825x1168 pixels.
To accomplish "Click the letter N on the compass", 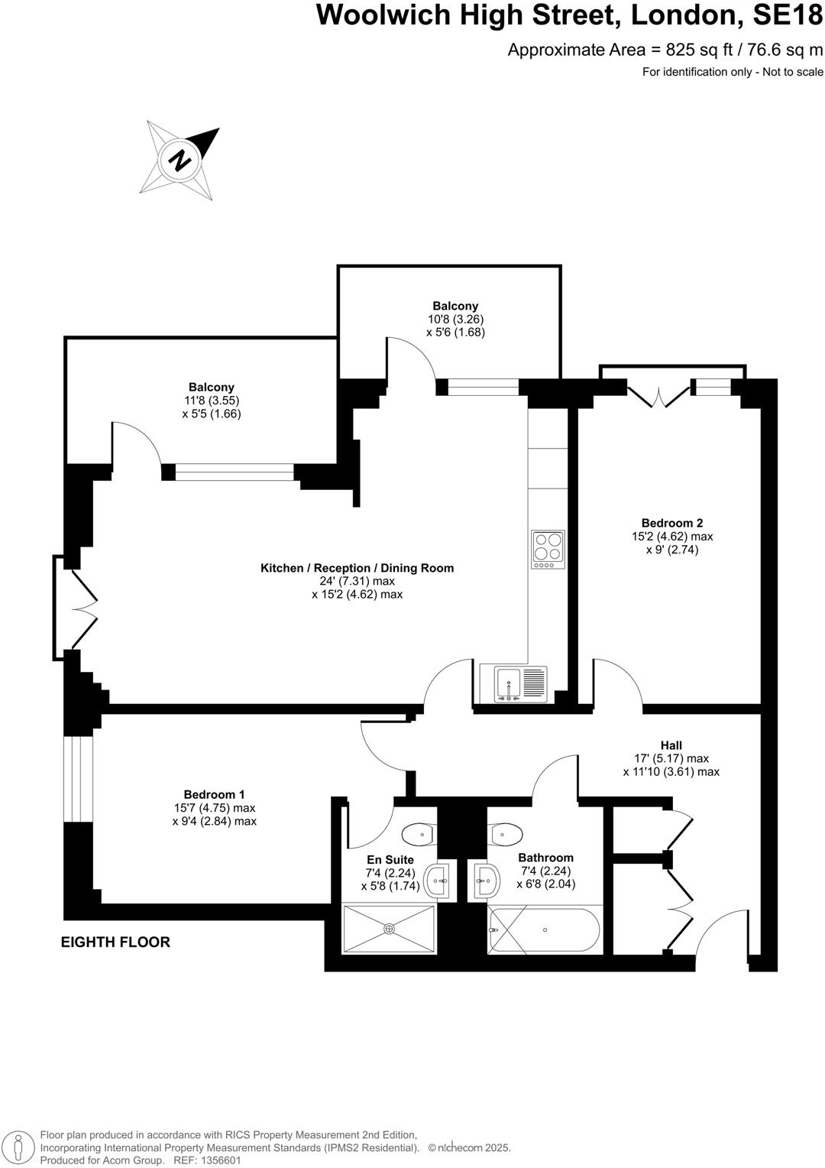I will point(181,161).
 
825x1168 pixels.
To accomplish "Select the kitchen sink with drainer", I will point(521,683).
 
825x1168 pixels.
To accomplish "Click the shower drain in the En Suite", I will point(389,928).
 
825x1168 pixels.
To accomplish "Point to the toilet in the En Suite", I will point(418,833).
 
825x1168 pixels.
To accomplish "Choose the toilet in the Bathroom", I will point(506,833).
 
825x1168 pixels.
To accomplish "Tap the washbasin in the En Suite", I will point(439,881).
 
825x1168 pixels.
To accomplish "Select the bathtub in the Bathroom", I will point(544,930).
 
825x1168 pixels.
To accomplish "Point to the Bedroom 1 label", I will point(214,794).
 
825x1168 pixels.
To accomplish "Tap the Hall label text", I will point(671,745).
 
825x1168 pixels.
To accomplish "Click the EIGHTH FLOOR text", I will point(115,942).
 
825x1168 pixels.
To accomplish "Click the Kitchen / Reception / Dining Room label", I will point(357,568).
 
